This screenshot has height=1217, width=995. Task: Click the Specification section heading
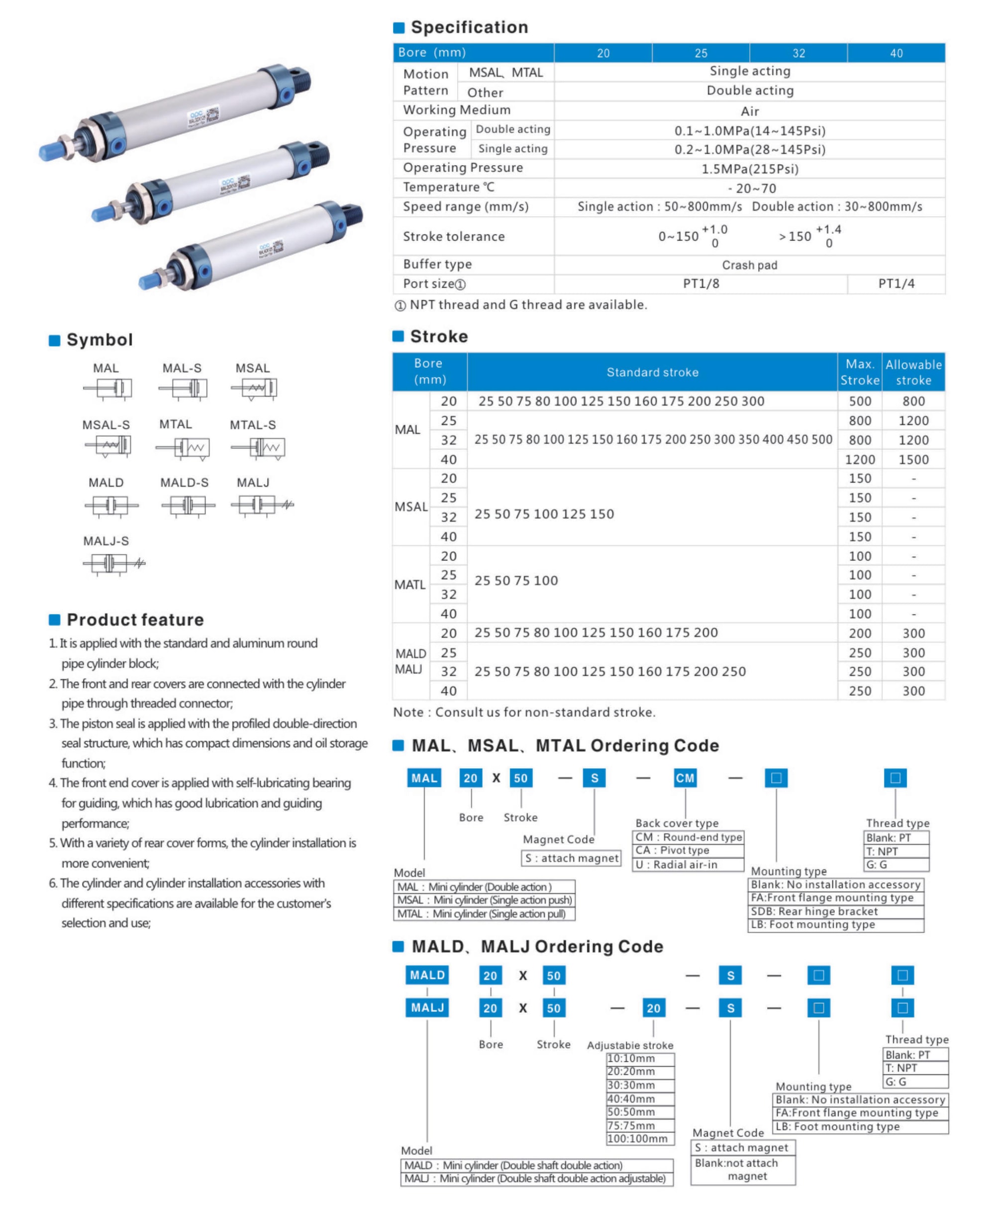[x=469, y=27]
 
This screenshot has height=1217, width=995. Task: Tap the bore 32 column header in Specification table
[x=798, y=53]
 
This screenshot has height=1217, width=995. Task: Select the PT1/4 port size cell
[x=896, y=284]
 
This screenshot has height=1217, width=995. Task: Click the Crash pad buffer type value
[x=749, y=265]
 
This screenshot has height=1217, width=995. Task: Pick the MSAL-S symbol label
[x=106, y=425]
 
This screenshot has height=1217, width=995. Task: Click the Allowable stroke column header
[x=913, y=372]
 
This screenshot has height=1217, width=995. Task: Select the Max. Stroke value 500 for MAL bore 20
[x=860, y=402]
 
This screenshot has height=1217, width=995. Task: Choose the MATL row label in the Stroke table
[x=410, y=585]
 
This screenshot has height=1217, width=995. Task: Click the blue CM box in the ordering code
[x=685, y=778]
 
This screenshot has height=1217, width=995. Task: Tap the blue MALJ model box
[x=427, y=1008]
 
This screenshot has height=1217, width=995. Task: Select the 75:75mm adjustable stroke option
[x=630, y=1125]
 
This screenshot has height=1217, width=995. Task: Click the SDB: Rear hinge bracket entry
[x=814, y=912]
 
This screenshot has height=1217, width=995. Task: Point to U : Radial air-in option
[x=676, y=864]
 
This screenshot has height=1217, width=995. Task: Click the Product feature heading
[x=135, y=619]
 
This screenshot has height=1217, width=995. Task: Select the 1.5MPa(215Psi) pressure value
[x=750, y=169]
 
